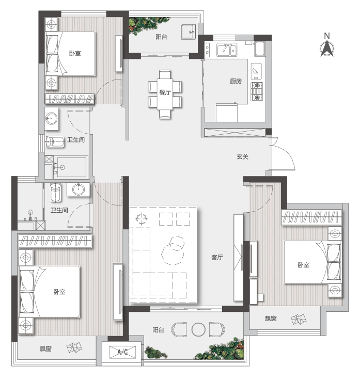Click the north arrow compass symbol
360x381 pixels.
tap(327, 49)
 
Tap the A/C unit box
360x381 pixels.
tap(122, 352)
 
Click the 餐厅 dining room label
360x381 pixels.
tap(165, 92)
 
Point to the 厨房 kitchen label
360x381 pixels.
tap(236, 81)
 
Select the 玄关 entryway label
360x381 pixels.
tap(243, 157)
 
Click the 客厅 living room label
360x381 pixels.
tap(217, 257)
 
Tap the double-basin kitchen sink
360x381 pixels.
tap(227, 50)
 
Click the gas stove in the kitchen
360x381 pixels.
tap(257, 91)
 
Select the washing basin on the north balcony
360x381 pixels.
tap(188, 31)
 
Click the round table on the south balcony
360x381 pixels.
tap(198, 329)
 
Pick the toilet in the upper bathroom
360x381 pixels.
tap(55, 141)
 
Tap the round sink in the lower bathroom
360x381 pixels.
tap(79, 189)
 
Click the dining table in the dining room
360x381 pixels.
tap(165, 94)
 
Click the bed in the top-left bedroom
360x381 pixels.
tap(70, 54)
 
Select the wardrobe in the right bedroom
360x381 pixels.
tap(311, 217)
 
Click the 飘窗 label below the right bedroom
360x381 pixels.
tap(271, 319)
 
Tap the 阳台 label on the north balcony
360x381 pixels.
tap(161, 37)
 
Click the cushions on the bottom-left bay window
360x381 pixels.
tap(74, 348)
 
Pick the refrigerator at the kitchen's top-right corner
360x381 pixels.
tap(260, 49)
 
